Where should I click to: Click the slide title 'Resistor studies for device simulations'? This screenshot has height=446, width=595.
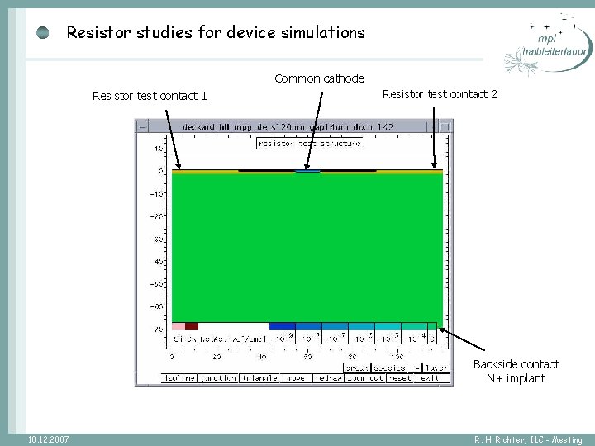coord(215,33)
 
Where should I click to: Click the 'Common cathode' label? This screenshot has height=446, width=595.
coord(319,78)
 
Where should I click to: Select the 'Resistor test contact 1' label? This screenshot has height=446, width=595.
coord(150,96)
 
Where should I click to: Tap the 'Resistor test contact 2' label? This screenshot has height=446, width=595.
coord(440,94)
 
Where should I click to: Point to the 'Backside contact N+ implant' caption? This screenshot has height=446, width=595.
coord(516,372)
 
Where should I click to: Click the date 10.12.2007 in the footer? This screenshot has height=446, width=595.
coord(48,439)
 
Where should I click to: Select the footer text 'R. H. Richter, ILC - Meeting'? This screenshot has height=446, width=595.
coord(528,440)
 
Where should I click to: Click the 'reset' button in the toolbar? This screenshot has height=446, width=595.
coord(400,378)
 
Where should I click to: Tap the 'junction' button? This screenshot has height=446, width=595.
coord(218,378)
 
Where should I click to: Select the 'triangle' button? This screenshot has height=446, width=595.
coord(259,378)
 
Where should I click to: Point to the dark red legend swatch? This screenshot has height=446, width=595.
coord(192,326)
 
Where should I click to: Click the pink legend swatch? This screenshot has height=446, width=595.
coord(178,326)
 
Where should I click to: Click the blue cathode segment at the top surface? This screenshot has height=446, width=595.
coord(307,172)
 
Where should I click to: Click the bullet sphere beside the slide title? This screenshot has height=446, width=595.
coord(44,33)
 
